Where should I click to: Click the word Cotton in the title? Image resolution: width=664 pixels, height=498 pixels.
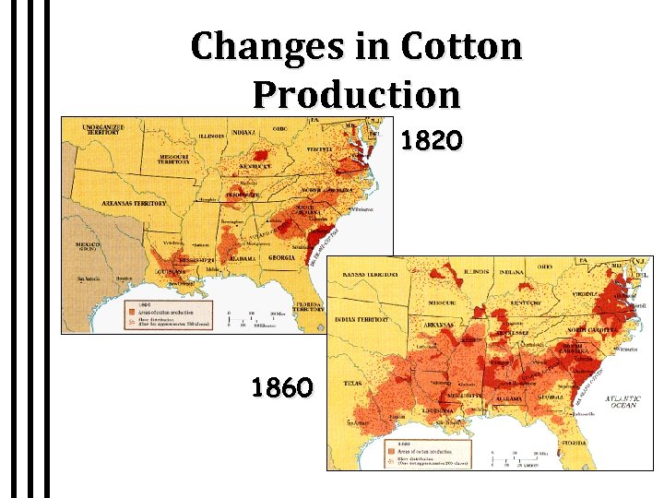pyautogui.click(x=462, y=45)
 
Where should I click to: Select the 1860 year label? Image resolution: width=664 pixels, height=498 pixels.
pyautogui.click(x=282, y=386)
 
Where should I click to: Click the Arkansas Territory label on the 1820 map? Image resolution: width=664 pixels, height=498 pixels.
pyautogui.click(x=134, y=203)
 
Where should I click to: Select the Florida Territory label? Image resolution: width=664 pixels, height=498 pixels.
pyautogui.click(x=310, y=307)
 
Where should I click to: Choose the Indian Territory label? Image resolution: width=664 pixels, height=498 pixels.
pyautogui.click(x=362, y=319)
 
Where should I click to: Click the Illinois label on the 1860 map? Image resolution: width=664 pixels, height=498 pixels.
pyautogui.click(x=477, y=272)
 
